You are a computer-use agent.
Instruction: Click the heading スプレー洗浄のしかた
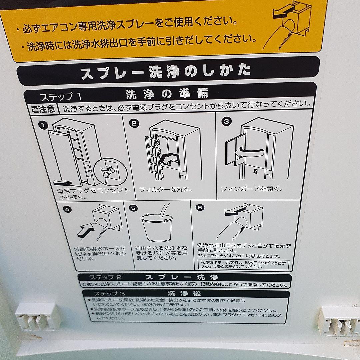(166, 71)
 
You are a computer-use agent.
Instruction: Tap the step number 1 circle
(43, 125)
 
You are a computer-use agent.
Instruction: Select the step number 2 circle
(134, 123)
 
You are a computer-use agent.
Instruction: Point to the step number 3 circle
(226, 121)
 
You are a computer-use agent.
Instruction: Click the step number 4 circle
(67, 210)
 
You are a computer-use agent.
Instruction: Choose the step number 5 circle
(133, 208)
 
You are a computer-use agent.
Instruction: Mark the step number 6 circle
(200, 207)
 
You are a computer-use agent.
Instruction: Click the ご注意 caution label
(43, 109)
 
